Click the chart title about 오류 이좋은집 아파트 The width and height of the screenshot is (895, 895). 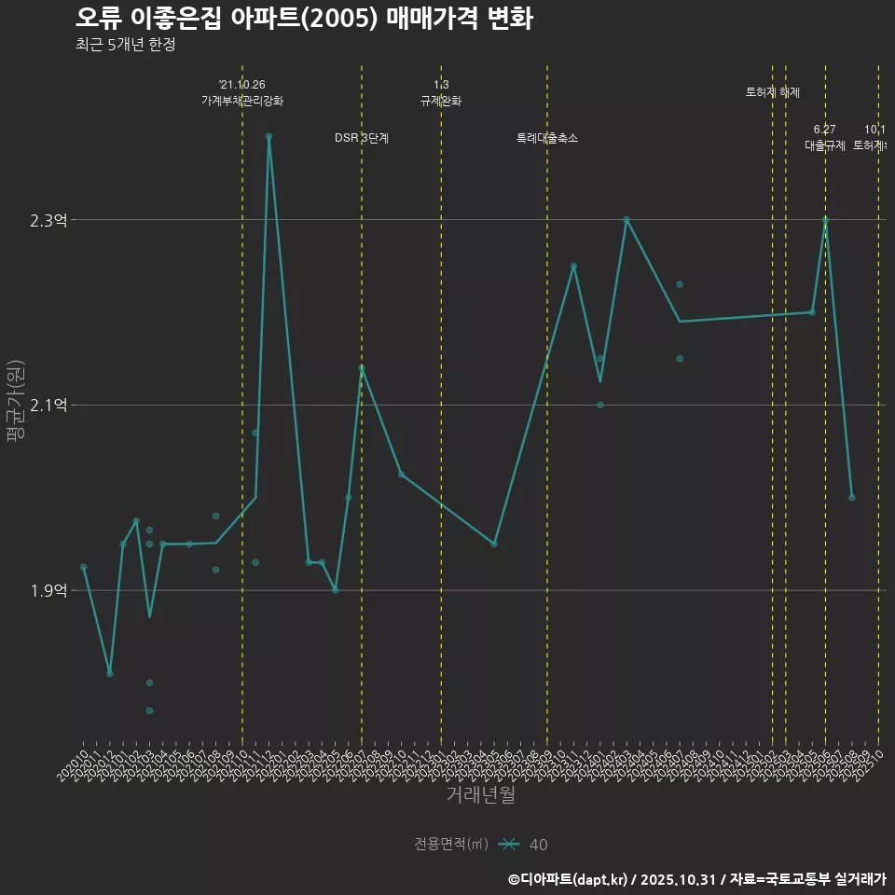pyautogui.click(x=304, y=19)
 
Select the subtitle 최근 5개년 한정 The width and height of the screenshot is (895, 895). pyautogui.click(x=125, y=44)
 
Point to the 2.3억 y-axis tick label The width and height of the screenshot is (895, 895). pyautogui.click(x=48, y=220)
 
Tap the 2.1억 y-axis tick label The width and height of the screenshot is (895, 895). pyautogui.click(x=48, y=405)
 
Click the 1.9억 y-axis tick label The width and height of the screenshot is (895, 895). pyautogui.click(x=48, y=590)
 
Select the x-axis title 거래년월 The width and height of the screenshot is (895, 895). pyautogui.click(x=480, y=795)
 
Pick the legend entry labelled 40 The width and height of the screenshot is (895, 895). pyautogui.click(x=538, y=845)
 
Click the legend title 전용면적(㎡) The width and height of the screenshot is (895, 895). pyautogui.click(x=451, y=844)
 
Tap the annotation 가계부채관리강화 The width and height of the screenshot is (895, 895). pyautogui.click(x=242, y=101)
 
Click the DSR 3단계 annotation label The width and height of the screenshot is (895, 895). pyautogui.click(x=362, y=138)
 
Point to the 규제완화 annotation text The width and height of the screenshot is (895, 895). pyautogui.click(x=441, y=101)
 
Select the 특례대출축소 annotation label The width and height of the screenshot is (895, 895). pyautogui.click(x=547, y=138)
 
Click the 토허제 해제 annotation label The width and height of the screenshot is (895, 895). pyautogui.click(x=773, y=92)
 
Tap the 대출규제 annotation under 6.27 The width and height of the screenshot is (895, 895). pyautogui.click(x=825, y=145)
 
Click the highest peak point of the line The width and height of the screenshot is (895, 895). pyautogui.click(x=268, y=136)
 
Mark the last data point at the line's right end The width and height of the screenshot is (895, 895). pyautogui.click(x=852, y=498)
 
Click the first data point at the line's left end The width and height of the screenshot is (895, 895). pyautogui.click(x=84, y=567)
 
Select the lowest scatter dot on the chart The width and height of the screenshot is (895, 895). pyautogui.click(x=149, y=710)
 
